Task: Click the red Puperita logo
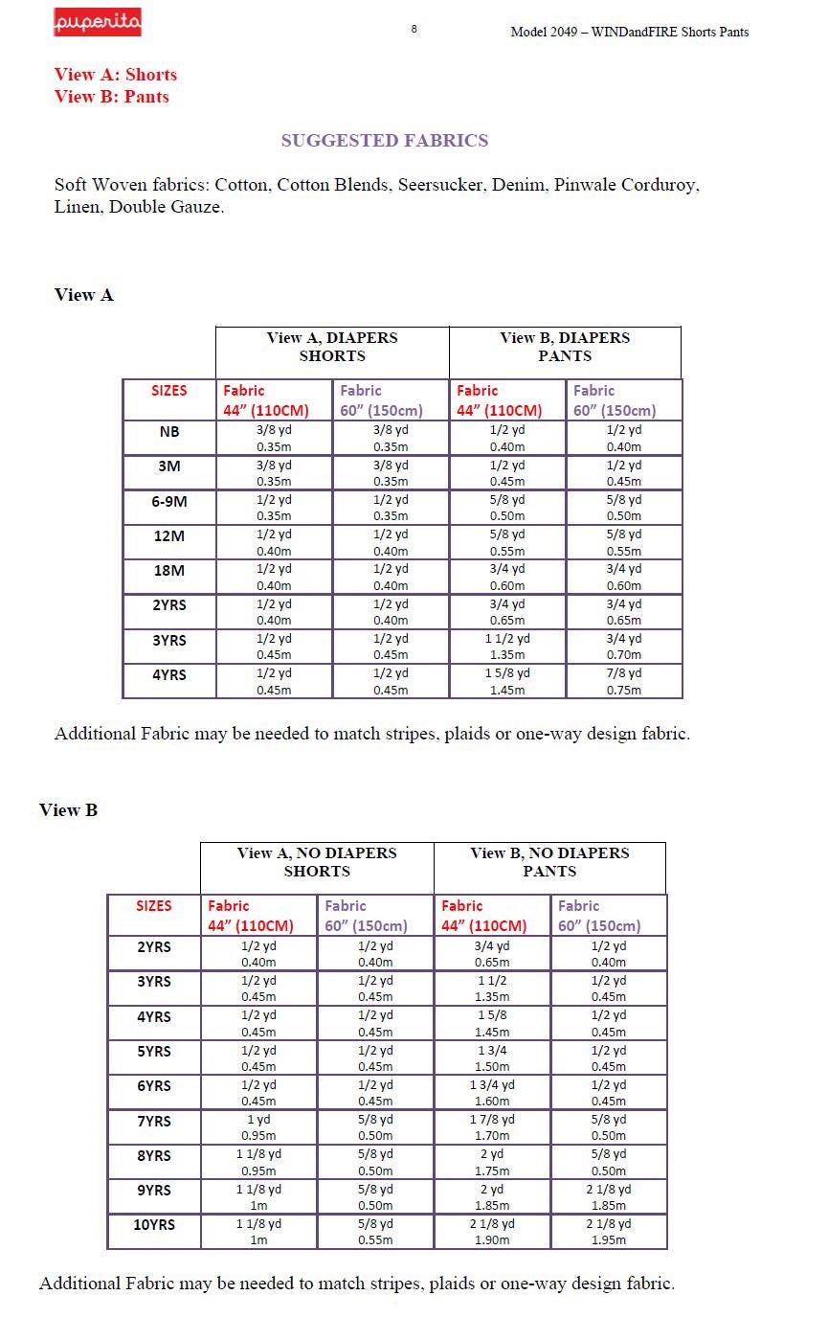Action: (x=97, y=22)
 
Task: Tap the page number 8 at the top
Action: (x=414, y=29)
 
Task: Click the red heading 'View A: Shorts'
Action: (x=116, y=75)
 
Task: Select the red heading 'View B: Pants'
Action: (x=112, y=97)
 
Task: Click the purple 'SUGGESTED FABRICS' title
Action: (x=385, y=141)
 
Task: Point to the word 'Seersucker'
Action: (x=440, y=185)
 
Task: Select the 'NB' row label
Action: (x=169, y=432)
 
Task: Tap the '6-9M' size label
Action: (x=169, y=501)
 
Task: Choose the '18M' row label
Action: (x=169, y=571)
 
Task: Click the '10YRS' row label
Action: (x=154, y=1225)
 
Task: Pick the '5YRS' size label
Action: (x=154, y=1052)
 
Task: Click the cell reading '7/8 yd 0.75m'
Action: (x=624, y=681)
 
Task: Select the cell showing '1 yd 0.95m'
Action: (x=258, y=1127)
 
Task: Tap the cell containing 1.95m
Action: (x=609, y=1232)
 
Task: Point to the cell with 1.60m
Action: (x=492, y=1093)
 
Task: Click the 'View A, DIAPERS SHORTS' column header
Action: (x=332, y=347)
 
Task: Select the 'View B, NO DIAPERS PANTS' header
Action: (x=549, y=862)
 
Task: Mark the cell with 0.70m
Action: (x=624, y=647)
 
